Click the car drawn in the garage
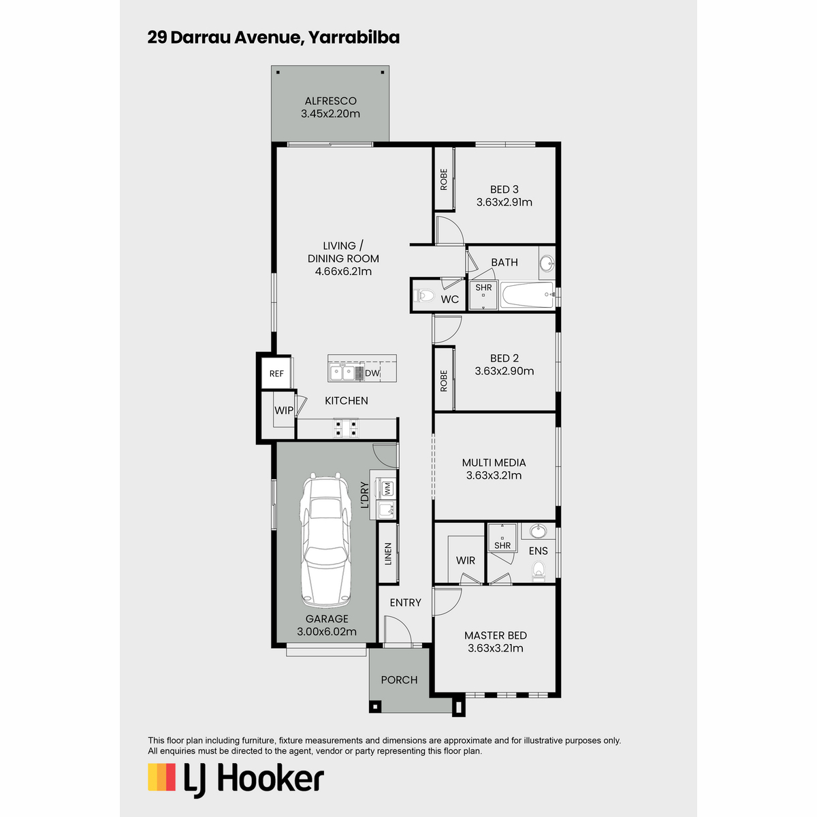coord(325,539)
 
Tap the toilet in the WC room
coord(424,295)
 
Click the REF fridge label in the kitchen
coord(276,374)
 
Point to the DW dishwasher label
coord(372,373)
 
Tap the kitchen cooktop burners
coord(346,428)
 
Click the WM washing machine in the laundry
coord(387,488)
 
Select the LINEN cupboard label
coord(388,554)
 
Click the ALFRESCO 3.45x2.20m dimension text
coord(330,114)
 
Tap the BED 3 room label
coord(504,189)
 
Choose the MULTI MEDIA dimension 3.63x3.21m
coord(494,475)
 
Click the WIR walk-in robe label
coord(466,560)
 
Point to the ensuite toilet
coord(539,571)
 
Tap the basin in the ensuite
coord(538,530)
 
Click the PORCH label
coord(399,679)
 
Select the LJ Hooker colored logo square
coord(161,777)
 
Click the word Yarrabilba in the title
coord(353,37)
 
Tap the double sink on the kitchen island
coord(342,373)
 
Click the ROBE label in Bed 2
coord(443,381)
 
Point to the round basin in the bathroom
coord(547,262)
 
